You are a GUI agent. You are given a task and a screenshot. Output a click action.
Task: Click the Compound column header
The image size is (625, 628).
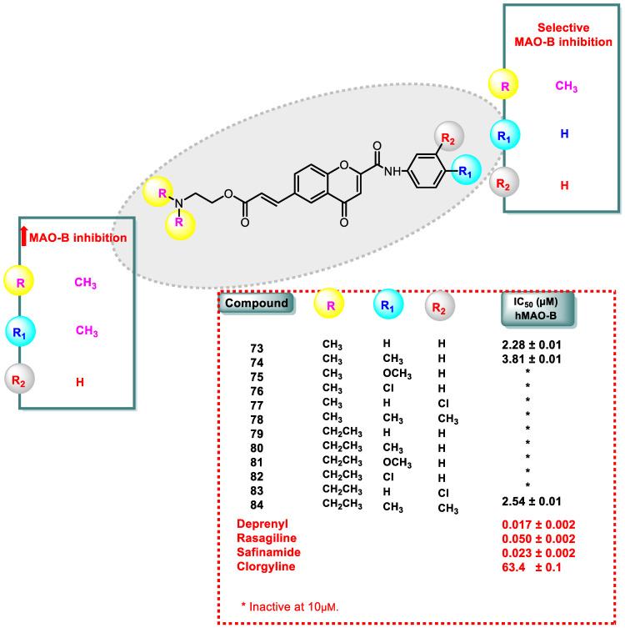(258, 304)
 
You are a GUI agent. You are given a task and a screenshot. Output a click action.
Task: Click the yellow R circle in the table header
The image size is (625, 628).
(330, 306)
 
